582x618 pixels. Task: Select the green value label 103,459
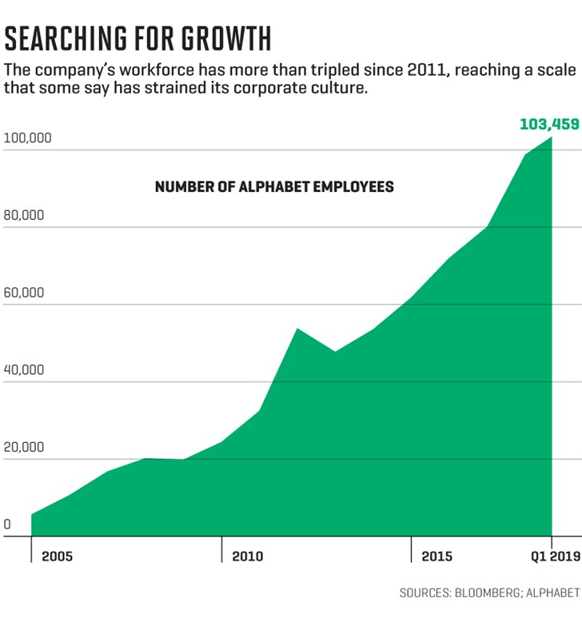[x=549, y=124]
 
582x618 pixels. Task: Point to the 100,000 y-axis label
[x=28, y=138]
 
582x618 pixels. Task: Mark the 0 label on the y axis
[x=7, y=525]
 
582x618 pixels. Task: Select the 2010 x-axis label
[x=247, y=556]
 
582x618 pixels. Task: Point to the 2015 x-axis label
[x=437, y=556]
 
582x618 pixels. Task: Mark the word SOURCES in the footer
[x=425, y=593]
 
